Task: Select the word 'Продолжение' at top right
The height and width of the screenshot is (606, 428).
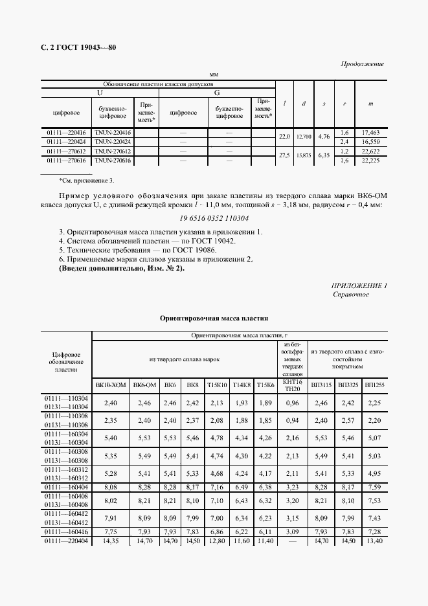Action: (362, 64)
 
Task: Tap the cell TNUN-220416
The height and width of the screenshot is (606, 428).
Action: (113, 132)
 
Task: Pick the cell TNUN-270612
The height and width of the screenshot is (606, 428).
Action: (113, 150)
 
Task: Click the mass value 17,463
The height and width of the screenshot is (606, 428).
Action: (370, 132)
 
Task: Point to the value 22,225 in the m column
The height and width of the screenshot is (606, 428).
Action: (370, 159)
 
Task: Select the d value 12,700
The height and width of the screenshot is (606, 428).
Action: (304, 137)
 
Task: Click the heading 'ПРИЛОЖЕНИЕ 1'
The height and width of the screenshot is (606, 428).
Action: (359, 286)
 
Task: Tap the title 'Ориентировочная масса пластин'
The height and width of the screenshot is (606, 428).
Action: (214, 319)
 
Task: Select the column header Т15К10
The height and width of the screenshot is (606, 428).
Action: (218, 385)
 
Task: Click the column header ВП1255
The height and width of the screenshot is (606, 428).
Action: (374, 385)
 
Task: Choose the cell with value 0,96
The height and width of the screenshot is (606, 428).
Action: (293, 403)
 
